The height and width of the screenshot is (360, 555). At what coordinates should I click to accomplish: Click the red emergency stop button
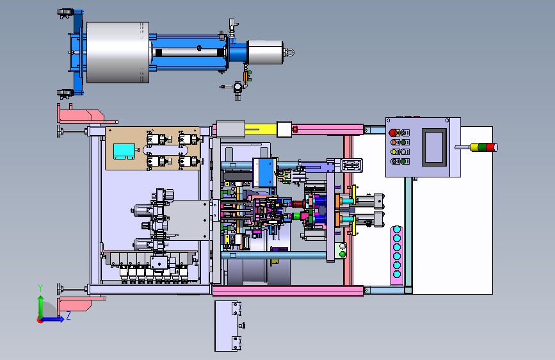click(x=392, y=133)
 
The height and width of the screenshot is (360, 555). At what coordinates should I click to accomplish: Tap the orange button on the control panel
click(x=394, y=142)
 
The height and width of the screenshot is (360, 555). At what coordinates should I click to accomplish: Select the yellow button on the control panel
click(x=394, y=152)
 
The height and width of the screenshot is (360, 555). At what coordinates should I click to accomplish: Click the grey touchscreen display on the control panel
click(x=434, y=147)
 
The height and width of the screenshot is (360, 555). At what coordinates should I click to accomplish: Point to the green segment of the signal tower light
click(x=482, y=147)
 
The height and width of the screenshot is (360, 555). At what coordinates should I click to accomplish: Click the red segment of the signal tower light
click(x=491, y=147)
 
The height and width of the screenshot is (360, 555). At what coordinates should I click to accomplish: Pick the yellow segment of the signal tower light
click(x=474, y=147)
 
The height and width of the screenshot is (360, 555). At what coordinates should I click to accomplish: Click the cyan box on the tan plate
click(x=124, y=151)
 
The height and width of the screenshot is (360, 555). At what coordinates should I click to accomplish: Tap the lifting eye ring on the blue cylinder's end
click(x=290, y=53)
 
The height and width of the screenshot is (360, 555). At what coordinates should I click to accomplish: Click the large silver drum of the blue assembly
click(x=118, y=53)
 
